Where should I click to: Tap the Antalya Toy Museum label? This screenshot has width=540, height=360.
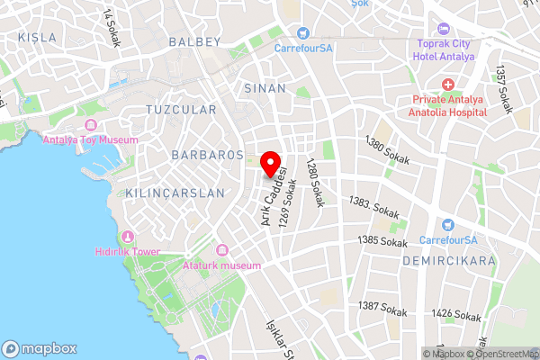[91, 139]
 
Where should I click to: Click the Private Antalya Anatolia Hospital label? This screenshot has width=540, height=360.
[450, 106]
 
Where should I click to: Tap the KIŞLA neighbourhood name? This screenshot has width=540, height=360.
[37, 38]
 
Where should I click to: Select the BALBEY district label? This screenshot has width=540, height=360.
[194, 42]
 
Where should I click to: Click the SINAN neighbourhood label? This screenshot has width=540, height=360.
[265, 88]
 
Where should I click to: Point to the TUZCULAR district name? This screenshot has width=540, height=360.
[181, 110]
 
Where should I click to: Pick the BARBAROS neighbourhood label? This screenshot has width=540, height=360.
[208, 155]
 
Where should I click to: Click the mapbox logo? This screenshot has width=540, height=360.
[40, 348]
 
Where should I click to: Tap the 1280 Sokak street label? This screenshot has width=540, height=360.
[313, 184]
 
